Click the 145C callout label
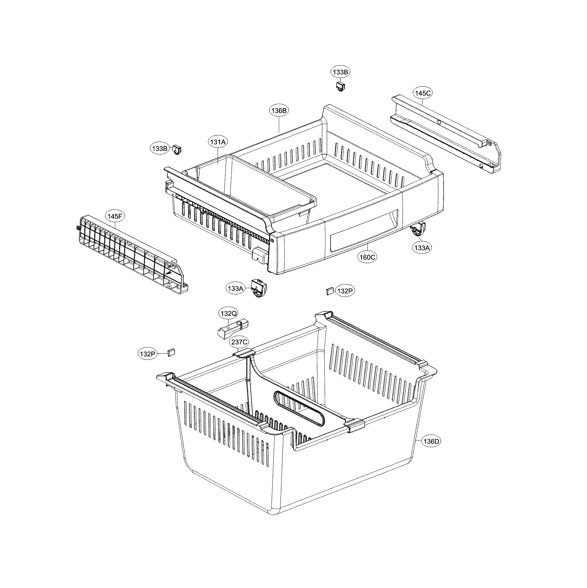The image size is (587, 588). [423, 93]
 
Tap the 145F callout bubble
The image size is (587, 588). [115, 217]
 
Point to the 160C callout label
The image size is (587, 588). [367, 257]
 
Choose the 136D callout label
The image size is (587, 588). [431, 441]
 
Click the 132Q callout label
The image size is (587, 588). [229, 314]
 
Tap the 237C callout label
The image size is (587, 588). [239, 342]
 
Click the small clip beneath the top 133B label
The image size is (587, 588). [340, 87]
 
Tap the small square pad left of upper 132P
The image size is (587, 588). [329, 291]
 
